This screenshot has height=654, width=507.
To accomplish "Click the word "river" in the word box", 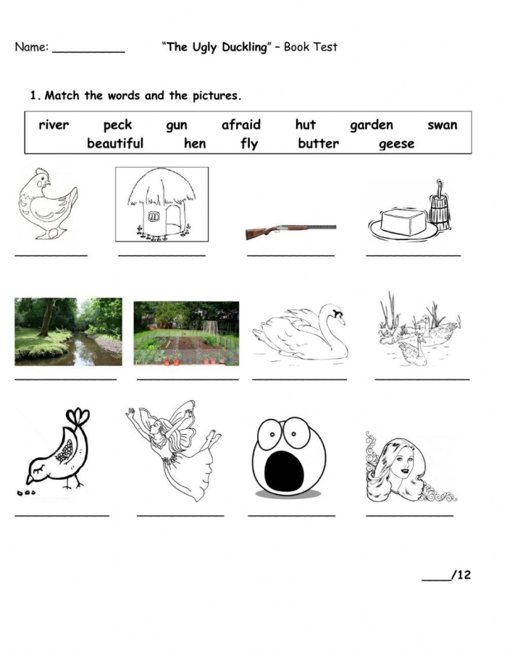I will tap(54, 125).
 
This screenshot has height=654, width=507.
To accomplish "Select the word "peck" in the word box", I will tap(117, 126).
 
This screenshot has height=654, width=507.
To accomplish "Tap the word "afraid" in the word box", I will tap(240, 124).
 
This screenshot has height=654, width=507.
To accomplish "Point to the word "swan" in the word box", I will tap(443, 125).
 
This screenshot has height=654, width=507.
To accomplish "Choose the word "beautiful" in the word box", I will tap(115, 143).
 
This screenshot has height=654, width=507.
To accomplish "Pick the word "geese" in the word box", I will tap(397, 144).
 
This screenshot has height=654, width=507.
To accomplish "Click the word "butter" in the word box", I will tap(318, 143).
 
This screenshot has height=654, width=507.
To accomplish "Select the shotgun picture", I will tap(290, 230).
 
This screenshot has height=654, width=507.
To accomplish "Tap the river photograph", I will tap(68, 331).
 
